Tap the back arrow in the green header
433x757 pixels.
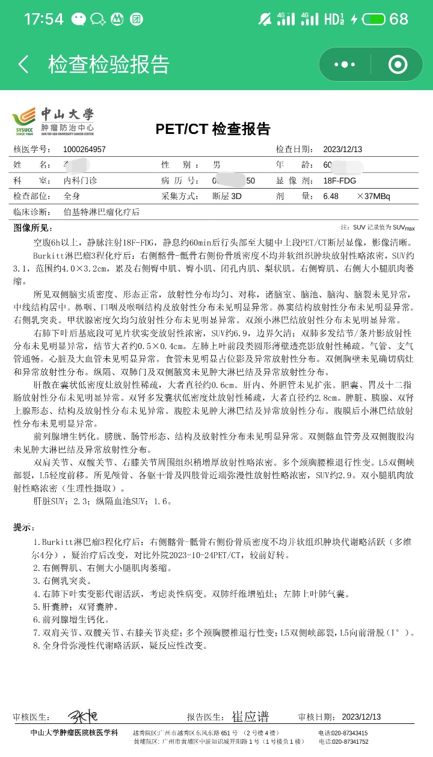click(23, 64)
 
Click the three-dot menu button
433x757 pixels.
click(345, 64)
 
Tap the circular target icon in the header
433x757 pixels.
click(398, 64)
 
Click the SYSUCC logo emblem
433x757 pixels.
click(23, 120)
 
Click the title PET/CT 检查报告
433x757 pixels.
click(213, 129)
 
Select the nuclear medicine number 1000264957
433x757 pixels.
click(84, 150)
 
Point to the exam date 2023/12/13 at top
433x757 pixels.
click(343, 150)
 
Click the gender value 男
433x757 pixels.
click(216, 165)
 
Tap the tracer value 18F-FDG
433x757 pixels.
click(339, 180)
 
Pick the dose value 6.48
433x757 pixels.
click(331, 196)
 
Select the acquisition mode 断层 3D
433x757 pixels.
click(227, 196)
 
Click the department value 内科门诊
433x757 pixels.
click(80, 180)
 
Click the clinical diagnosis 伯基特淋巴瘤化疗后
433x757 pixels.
click(101, 212)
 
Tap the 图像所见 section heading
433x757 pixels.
click(33, 228)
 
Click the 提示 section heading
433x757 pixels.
click(24, 527)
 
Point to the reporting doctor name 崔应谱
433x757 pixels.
click(250, 717)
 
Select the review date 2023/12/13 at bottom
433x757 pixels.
click(361, 717)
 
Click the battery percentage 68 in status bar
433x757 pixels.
click(399, 19)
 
